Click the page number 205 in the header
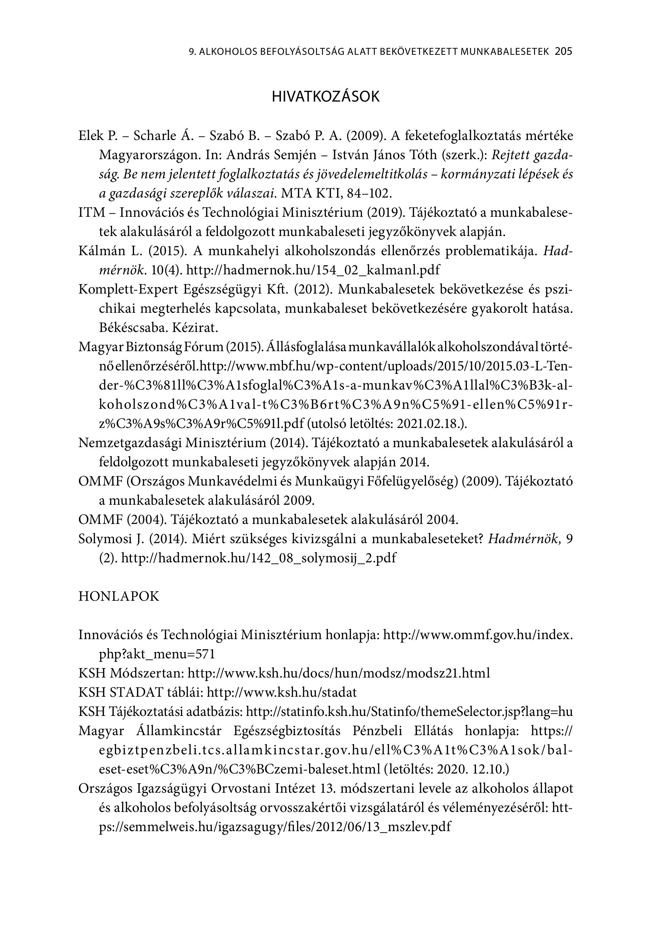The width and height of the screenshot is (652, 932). (x=563, y=52)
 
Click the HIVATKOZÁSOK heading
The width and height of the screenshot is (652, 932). (x=325, y=97)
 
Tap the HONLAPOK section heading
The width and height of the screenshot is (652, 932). (x=119, y=596)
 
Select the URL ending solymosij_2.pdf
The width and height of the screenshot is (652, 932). (x=258, y=558)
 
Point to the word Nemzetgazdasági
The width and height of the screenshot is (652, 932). (x=130, y=443)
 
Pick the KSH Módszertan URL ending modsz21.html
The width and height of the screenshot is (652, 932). (x=339, y=673)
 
